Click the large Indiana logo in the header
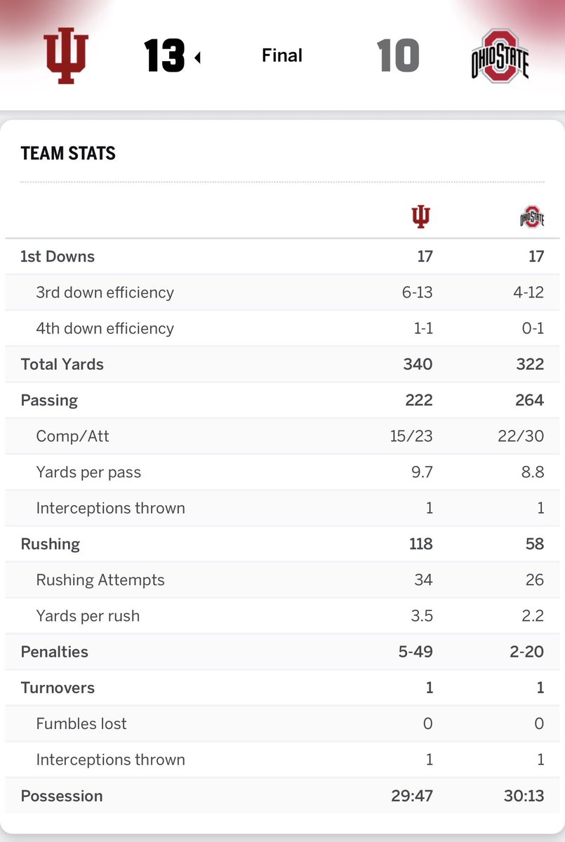(x=67, y=55)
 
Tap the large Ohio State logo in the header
(x=500, y=56)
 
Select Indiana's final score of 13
(x=164, y=55)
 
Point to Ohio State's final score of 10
(x=398, y=55)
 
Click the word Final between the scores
(x=281, y=55)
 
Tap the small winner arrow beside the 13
(x=197, y=58)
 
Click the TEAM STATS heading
(x=68, y=153)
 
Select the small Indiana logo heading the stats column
(x=420, y=217)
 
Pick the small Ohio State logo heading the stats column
(x=532, y=217)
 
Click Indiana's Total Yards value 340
(x=418, y=364)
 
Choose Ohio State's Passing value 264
(x=529, y=400)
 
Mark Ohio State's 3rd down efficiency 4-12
(x=527, y=293)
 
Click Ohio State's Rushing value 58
(x=534, y=544)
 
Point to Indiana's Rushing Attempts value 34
(x=423, y=580)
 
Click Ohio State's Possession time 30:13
(x=525, y=796)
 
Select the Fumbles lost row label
(x=81, y=723)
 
